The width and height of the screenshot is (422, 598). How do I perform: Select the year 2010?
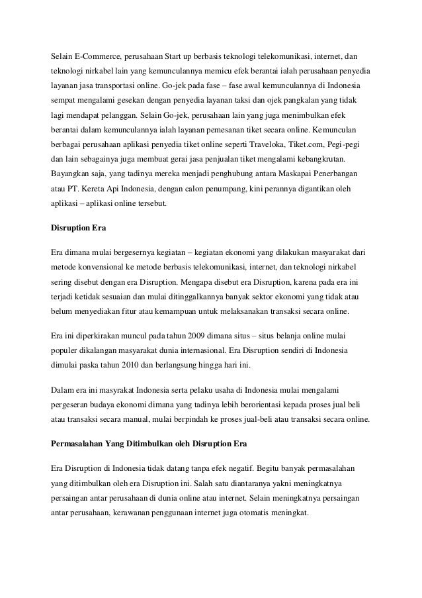click(136, 365)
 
